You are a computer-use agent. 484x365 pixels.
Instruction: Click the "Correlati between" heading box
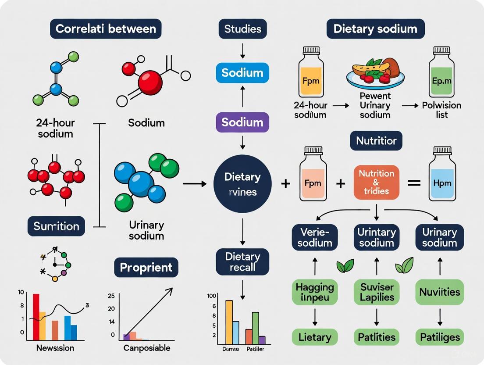pyautogui.click(x=105, y=29)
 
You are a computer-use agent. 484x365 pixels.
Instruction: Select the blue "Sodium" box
pyautogui.click(x=242, y=72)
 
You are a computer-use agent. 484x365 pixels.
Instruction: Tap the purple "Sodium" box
pyautogui.click(x=242, y=122)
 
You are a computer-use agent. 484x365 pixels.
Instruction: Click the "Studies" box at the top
pyautogui.click(x=242, y=29)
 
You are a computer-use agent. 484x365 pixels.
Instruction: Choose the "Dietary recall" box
pyautogui.click(x=242, y=261)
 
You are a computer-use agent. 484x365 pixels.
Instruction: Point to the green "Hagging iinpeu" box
pyautogui.click(x=315, y=293)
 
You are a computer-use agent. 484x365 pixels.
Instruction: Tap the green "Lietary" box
pyautogui.click(x=315, y=337)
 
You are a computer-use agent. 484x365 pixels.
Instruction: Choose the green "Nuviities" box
pyautogui.click(x=439, y=292)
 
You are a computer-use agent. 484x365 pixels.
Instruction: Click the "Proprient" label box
pyautogui.click(x=146, y=267)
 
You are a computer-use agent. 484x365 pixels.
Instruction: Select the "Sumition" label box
pyautogui.click(x=57, y=226)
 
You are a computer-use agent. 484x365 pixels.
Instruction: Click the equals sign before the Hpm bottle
pyautogui.click(x=414, y=183)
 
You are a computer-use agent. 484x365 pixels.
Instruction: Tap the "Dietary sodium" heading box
pyautogui.click(x=375, y=29)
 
